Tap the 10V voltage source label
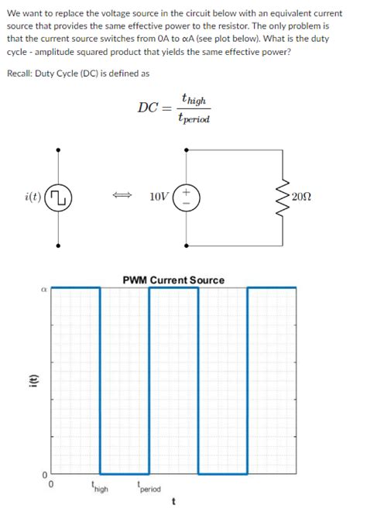[x=160, y=197]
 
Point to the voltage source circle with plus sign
[x=188, y=197]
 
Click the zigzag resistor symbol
[x=293, y=197]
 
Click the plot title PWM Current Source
[x=173, y=280]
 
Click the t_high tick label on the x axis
[x=99, y=488]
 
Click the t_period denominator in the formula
[x=192, y=118]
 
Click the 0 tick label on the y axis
[x=44, y=474]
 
